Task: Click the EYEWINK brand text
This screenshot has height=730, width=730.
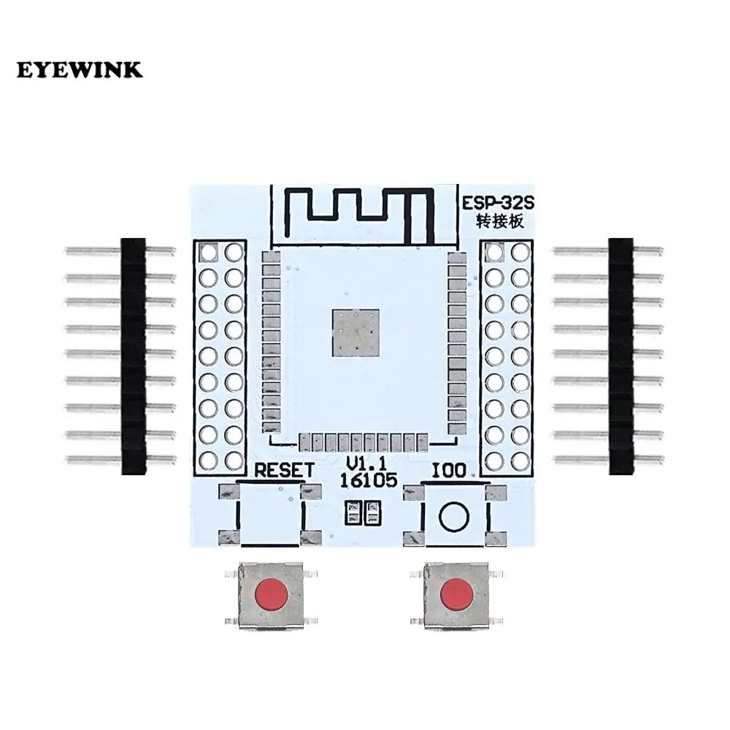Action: tap(80, 71)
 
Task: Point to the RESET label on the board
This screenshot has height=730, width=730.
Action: tap(284, 470)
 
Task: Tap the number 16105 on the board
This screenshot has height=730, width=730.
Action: tap(368, 481)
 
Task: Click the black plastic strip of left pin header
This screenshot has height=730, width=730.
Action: tap(134, 356)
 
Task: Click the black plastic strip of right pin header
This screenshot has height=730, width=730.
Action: tap(620, 356)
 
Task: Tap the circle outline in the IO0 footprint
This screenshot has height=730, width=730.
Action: tap(453, 517)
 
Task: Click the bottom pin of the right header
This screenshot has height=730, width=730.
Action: tap(584, 461)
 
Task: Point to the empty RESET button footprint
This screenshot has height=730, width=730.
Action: tap(271, 515)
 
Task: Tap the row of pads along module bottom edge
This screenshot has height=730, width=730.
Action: tap(364, 442)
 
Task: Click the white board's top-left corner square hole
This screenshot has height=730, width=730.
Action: tap(208, 253)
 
